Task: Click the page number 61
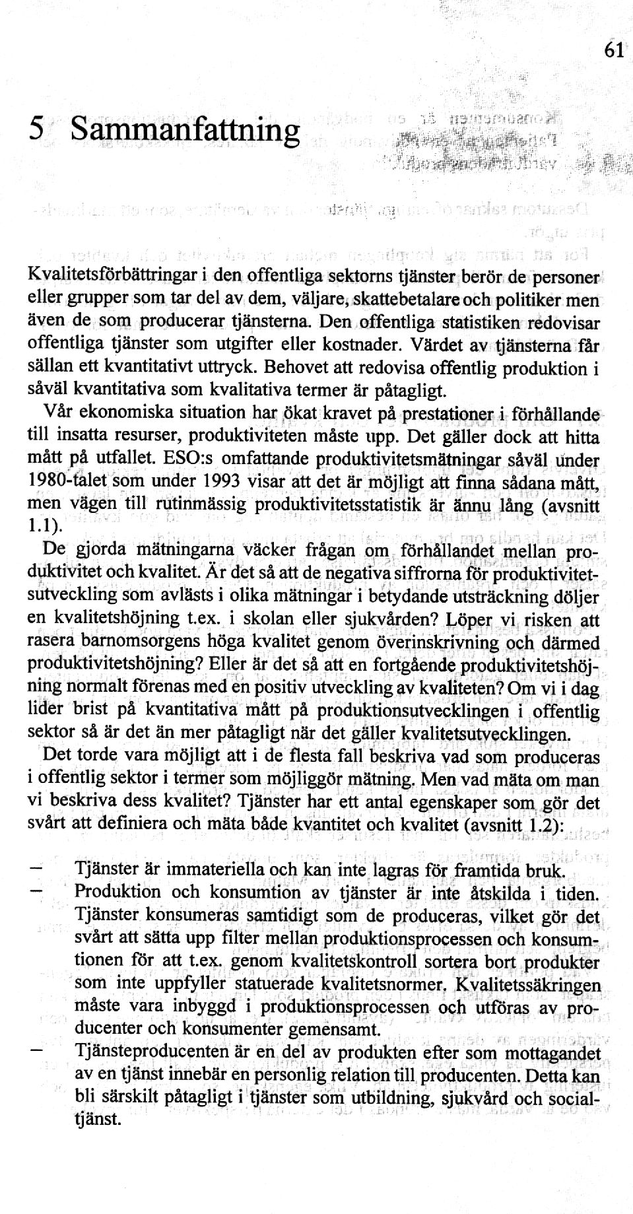[x=613, y=50]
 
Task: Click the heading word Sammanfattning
[x=185, y=131]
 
